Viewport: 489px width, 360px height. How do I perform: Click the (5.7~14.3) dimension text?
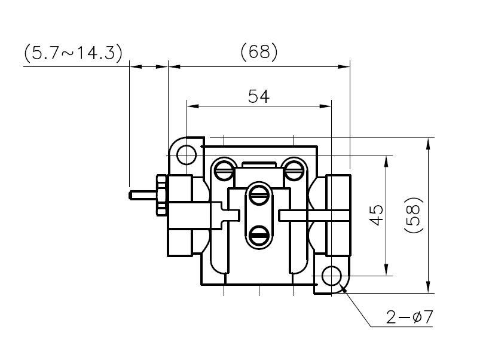coord(73,53)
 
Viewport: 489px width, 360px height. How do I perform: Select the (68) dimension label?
coord(259,53)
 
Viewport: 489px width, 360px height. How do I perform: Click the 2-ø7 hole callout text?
coord(409,317)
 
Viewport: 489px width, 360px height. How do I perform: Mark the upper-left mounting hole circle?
coord(187,155)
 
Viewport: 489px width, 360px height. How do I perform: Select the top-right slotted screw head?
coord(294,169)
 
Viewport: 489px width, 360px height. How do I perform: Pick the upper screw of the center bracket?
coord(259,193)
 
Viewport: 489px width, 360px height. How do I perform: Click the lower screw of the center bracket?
coord(259,235)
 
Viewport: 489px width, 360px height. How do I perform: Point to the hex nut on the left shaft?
coord(161,194)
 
